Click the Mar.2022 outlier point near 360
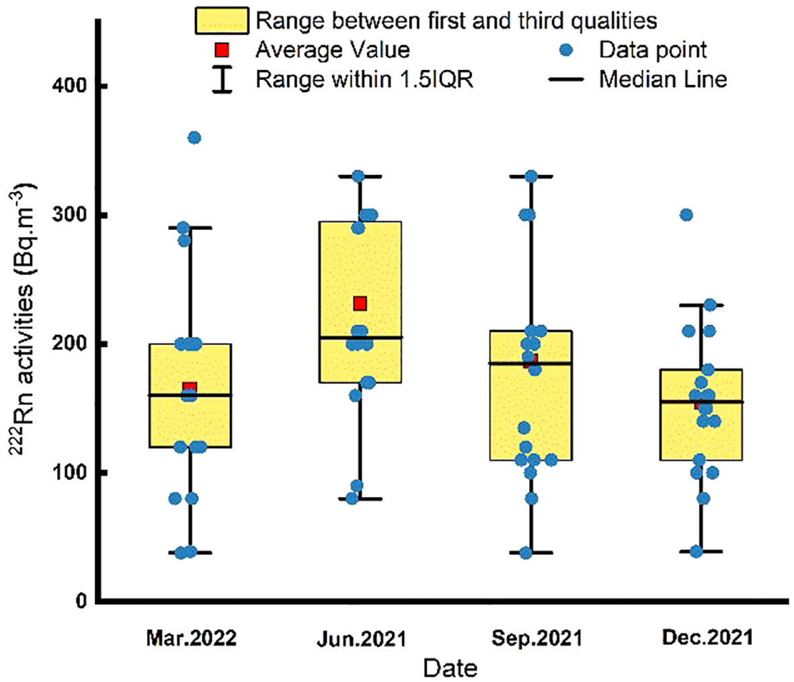point(194,138)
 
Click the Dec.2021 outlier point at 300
point(686,215)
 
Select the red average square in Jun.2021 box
point(360,303)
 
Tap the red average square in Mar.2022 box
point(190,388)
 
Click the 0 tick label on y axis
point(81,601)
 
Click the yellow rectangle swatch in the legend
point(221,21)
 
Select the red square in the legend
point(222,50)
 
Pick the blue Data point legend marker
point(566,50)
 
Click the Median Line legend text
point(662,79)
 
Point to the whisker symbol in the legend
point(222,79)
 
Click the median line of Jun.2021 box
point(360,338)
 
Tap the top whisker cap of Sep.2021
point(531,176)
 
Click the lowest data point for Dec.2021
point(697,552)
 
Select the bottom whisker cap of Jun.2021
point(360,498)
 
